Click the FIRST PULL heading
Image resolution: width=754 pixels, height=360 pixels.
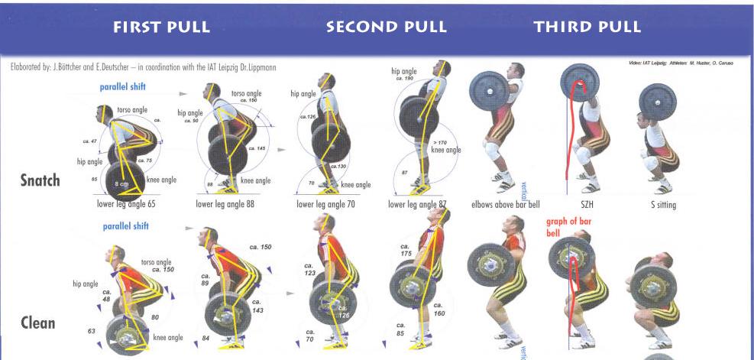click(161, 28)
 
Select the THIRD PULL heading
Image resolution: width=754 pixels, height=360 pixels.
click(587, 28)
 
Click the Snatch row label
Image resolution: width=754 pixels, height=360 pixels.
click(40, 181)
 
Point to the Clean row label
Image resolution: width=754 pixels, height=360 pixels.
click(37, 323)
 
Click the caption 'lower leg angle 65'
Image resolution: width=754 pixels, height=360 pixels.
click(127, 205)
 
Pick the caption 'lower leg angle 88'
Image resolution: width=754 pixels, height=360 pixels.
click(225, 205)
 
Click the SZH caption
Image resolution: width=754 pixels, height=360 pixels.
click(586, 205)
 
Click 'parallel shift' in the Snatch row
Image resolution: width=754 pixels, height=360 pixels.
click(124, 87)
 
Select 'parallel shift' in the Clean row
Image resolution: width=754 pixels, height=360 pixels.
click(127, 226)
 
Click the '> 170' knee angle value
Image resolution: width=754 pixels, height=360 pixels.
click(440, 142)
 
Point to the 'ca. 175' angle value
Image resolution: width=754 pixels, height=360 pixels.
click(406, 251)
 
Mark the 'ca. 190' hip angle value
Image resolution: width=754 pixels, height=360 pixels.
click(403, 79)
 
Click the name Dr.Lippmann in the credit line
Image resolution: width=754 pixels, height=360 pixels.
click(259, 67)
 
